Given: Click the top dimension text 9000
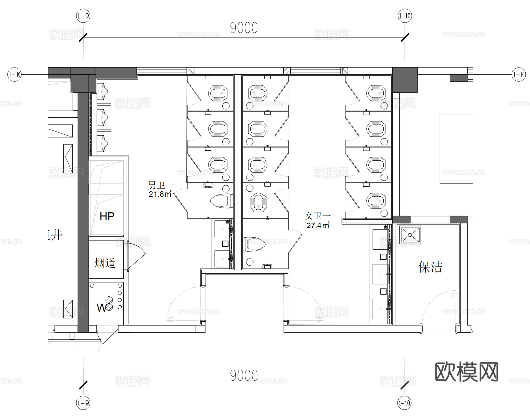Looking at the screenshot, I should [x=244, y=28].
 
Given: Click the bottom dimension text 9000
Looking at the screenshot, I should [x=244, y=375].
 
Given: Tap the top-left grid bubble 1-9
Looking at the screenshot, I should [x=83, y=16].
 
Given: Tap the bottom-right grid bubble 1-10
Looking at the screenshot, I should [x=404, y=403].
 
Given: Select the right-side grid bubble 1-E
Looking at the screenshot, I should [x=519, y=74].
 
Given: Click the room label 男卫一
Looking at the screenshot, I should [x=161, y=185].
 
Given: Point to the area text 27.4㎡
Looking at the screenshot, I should [x=318, y=226].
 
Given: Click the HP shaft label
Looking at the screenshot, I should [x=107, y=217].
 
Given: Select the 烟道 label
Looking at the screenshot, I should [x=105, y=263].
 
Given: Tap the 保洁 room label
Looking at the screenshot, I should [x=430, y=267].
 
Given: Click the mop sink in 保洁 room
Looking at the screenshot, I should [x=410, y=235].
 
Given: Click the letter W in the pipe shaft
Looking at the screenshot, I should [x=101, y=308].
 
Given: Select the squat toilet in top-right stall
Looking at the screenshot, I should [x=376, y=93].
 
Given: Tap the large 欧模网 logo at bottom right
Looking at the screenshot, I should [x=466, y=372].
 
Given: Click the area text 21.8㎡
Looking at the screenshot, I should [x=160, y=194].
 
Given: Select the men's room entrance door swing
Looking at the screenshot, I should [x=184, y=304].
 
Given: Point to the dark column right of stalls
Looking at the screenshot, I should [x=405, y=80].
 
